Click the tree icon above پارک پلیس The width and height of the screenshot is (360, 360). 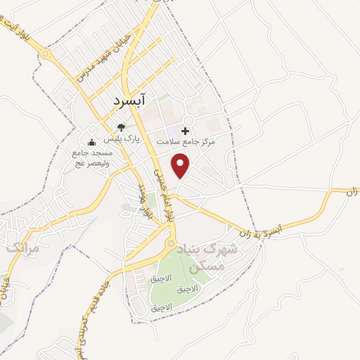(122, 128)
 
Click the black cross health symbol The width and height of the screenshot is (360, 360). (186, 130)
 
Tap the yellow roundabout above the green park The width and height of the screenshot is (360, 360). (169, 244)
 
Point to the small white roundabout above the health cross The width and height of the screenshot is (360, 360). (189, 120)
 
